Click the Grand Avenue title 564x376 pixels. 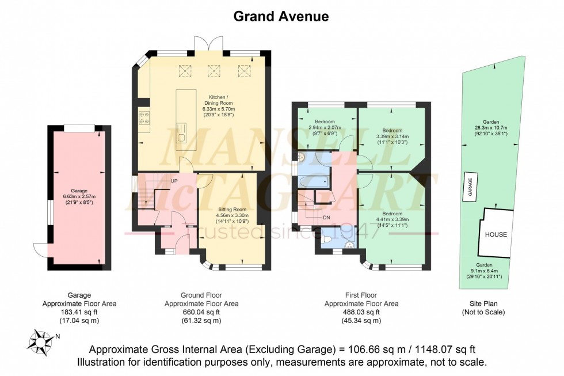tap(281, 16)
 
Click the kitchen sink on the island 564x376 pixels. tap(182, 137)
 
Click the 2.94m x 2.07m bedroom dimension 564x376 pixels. tap(325, 128)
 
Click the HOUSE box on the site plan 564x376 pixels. tap(496, 235)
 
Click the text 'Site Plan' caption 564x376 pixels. tap(483, 303)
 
